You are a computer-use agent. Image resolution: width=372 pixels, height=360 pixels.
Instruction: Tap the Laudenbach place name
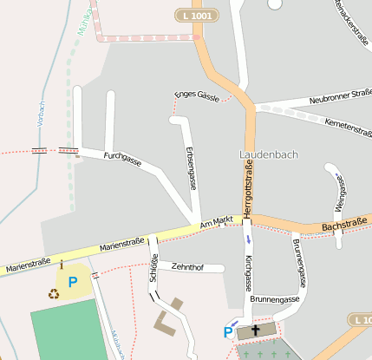tap(268, 154)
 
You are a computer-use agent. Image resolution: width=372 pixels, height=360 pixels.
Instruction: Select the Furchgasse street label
tap(122, 159)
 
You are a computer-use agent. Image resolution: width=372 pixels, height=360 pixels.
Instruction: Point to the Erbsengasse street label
tap(192, 168)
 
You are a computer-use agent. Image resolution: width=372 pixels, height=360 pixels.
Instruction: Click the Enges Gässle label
tap(197, 95)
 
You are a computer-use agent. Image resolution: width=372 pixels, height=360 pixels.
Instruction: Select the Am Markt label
tap(216, 223)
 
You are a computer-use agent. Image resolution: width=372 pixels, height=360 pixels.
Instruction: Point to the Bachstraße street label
tap(340, 226)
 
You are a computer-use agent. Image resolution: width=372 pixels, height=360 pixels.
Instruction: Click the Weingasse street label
tap(341, 195)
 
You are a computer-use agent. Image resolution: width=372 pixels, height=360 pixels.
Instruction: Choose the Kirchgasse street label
tap(249, 272)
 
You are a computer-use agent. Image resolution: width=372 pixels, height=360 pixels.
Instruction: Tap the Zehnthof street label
tap(187, 267)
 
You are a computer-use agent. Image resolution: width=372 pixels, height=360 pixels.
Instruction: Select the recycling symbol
tap(54, 293)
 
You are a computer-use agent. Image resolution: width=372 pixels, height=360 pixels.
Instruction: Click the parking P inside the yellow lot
tap(73, 281)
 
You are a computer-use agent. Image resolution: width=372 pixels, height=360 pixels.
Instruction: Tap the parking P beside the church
tap(228, 331)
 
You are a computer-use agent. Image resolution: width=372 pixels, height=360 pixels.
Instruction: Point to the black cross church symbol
tap(255, 331)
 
